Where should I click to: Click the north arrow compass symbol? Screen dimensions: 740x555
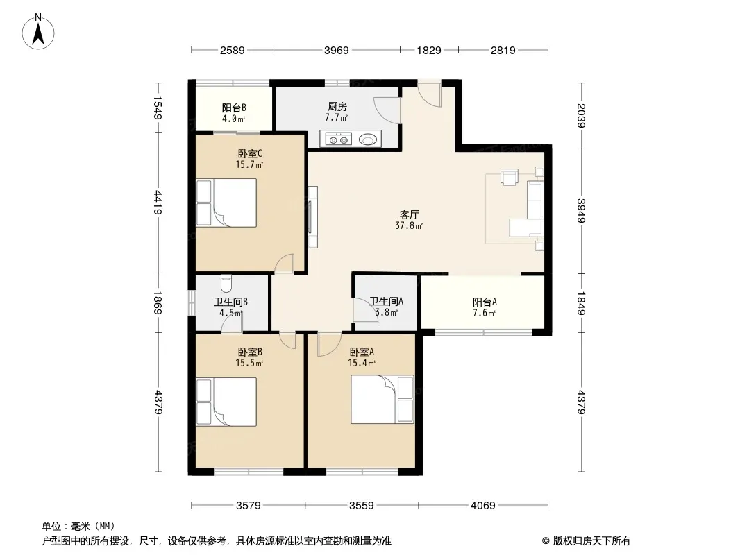[38, 32]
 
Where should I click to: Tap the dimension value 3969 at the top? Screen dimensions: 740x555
[337, 50]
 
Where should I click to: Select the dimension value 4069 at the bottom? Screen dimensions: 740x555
[482, 506]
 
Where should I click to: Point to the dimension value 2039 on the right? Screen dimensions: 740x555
[581, 116]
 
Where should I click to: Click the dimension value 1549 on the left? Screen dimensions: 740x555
[158, 108]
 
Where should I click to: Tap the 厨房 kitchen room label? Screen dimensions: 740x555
[337, 107]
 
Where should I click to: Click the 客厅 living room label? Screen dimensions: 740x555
[409, 214]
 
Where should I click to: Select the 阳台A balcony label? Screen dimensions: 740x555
[485, 302]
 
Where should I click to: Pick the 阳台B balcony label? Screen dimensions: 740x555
[234, 108]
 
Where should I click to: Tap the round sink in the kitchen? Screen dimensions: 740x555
[368, 139]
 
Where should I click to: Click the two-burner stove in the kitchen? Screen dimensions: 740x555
[338, 139]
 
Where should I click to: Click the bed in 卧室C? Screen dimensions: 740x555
[226, 203]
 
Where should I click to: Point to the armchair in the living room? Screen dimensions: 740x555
[510, 177]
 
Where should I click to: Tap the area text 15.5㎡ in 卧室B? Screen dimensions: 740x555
[249, 363]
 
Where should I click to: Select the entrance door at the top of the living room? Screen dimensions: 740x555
[430, 94]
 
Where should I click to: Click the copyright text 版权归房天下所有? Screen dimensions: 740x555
[591, 541]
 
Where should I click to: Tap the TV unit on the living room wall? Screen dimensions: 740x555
[312, 217]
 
